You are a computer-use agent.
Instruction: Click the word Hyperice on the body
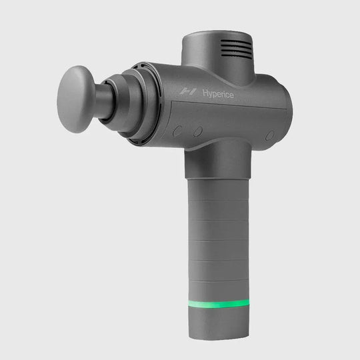point(215,95)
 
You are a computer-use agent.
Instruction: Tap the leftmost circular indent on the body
point(177,131)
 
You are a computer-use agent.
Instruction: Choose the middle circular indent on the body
point(197,131)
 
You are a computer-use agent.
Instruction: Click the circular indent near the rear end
point(269,135)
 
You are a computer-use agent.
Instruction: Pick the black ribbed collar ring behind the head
point(140,100)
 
